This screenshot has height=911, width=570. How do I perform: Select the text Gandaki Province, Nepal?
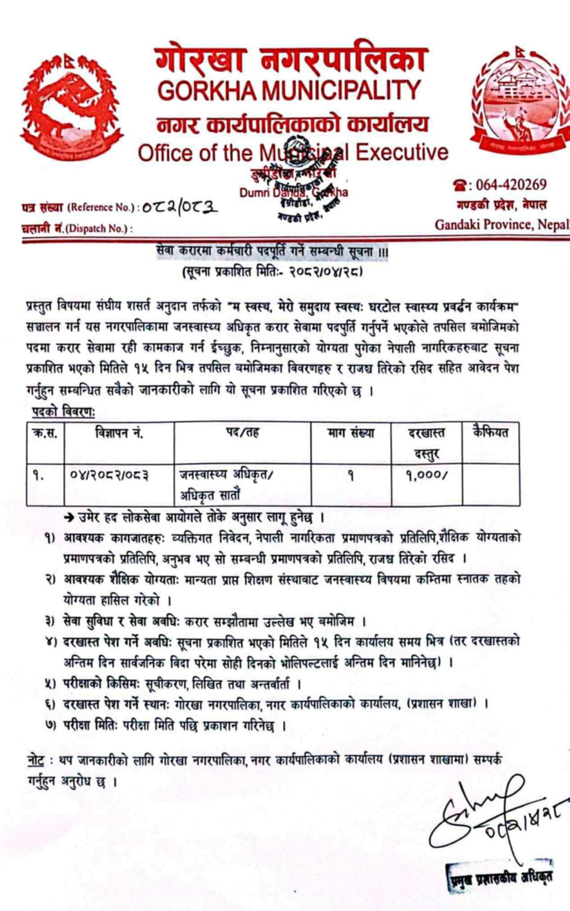click(502, 224)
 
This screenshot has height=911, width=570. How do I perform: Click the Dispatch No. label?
click(76, 228)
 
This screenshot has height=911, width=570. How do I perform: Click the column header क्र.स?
click(45, 433)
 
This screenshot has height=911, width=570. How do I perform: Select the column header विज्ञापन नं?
click(119, 433)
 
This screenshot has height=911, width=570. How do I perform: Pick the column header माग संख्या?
click(351, 433)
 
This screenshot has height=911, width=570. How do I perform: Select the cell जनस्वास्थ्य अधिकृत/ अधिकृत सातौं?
click(227, 484)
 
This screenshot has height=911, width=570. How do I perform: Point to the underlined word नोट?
click(36, 760)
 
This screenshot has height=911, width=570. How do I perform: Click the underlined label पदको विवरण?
click(63, 412)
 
